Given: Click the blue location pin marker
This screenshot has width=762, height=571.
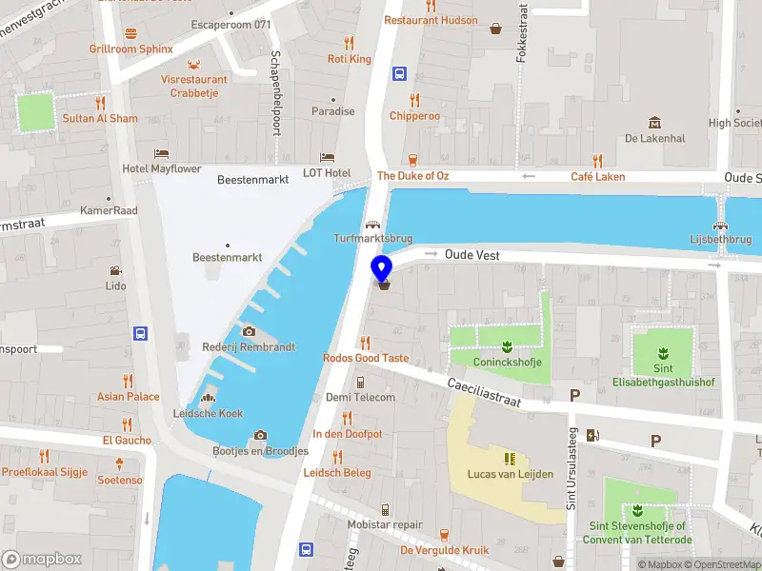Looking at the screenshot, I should [x=381, y=269].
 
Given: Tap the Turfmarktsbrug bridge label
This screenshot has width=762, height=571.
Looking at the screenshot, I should [x=371, y=238].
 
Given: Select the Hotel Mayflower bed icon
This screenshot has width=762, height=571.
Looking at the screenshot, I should [x=162, y=153].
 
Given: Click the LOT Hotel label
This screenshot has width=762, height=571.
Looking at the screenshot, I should [x=327, y=172].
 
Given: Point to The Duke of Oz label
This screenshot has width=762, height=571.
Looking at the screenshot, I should [x=412, y=176].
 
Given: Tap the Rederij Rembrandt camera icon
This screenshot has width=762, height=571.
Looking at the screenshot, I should [x=250, y=331].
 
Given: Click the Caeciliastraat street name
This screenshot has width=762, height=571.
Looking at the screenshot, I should [x=484, y=390].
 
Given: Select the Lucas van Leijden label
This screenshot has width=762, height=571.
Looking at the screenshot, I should [x=510, y=474].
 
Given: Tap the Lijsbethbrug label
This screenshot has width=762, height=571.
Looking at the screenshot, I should [x=721, y=239].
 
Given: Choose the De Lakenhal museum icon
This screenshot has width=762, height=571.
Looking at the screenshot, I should [x=654, y=123].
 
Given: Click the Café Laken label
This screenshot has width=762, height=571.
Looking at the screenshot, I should [x=597, y=177].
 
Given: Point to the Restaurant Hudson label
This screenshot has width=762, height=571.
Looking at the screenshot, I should [x=431, y=20].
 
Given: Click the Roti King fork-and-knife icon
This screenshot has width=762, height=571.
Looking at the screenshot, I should [x=349, y=43].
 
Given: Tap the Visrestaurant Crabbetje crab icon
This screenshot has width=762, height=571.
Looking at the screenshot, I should [x=194, y=64].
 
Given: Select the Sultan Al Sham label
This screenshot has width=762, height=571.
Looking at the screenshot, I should [x=100, y=119].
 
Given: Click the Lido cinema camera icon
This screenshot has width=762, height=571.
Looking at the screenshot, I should [x=115, y=270].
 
